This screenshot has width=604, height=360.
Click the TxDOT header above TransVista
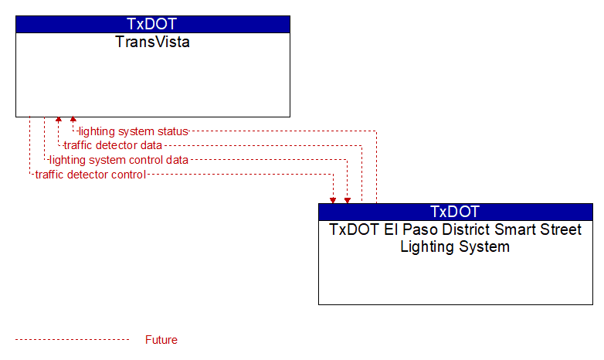152,24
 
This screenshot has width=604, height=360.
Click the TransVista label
152,42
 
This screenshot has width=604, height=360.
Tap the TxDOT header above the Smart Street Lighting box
455,212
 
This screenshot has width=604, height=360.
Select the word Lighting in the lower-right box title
429,247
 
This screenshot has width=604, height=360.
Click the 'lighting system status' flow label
134,131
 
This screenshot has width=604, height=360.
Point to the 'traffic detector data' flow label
113,145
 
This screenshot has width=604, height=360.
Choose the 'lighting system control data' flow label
119,160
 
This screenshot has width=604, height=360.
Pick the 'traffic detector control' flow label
90,175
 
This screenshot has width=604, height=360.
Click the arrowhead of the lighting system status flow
73,119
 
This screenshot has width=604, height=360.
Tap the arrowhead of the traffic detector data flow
59,119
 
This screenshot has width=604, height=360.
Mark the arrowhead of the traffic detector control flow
333,200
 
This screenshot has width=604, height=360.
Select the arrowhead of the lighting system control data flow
348,200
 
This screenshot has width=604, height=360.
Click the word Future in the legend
161,340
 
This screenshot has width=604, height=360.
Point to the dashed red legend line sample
72,340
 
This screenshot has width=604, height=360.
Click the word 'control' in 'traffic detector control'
129,175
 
